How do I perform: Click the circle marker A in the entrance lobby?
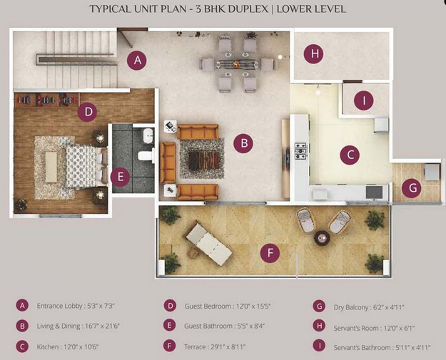(137, 60)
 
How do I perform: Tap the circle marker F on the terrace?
(270, 252)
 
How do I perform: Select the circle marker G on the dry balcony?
(412, 187)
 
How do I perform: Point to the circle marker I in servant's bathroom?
(364, 101)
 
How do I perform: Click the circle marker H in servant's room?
(314, 53)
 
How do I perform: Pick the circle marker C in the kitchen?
(350, 155)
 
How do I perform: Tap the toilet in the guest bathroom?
(146, 155)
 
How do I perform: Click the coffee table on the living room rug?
(205, 160)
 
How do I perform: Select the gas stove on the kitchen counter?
(301, 150)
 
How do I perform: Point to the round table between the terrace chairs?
(322, 238)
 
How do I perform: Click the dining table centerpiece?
(235, 64)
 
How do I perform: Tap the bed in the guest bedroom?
(86, 167)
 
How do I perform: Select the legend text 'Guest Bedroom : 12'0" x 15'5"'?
(227, 307)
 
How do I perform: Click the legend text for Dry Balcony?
(369, 307)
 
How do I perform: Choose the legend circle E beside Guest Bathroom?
(170, 325)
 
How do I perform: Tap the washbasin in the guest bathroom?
(148, 135)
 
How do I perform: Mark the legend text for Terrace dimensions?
(215, 347)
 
